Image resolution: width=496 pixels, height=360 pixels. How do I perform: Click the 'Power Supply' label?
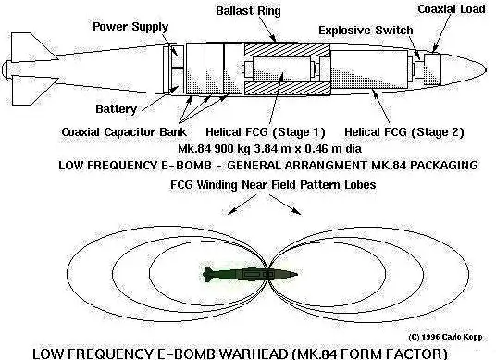(129, 27)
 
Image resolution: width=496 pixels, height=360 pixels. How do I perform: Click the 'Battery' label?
(117, 109)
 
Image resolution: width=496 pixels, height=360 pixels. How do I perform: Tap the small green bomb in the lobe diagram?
(251, 274)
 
